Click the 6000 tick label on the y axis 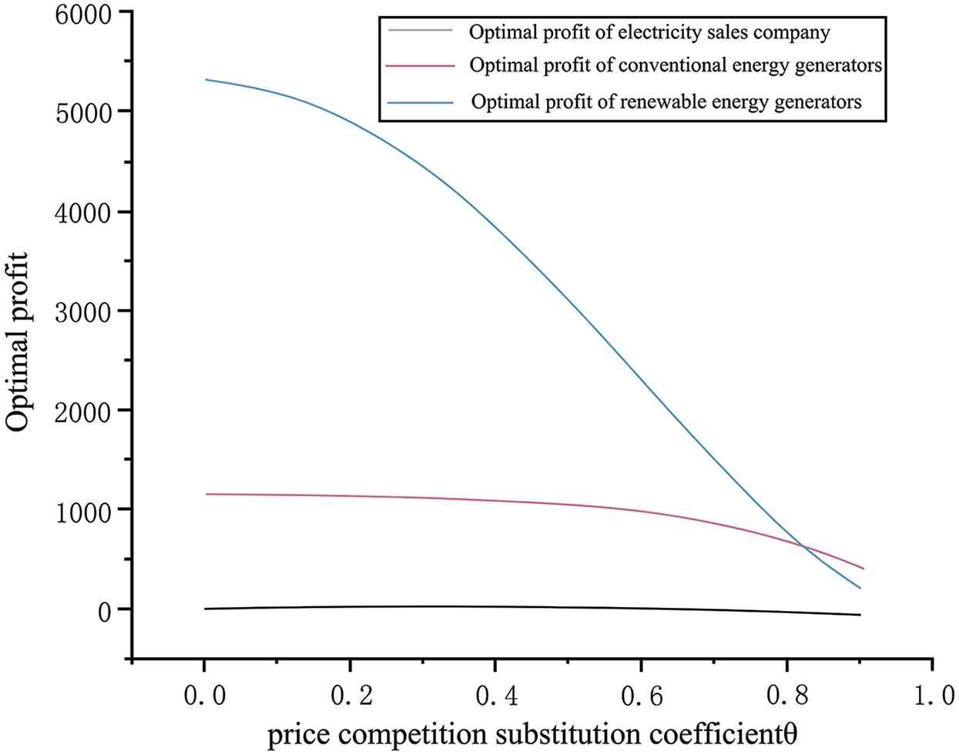coord(83,15)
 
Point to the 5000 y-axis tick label coord(83,112)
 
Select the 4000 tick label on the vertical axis coord(83,212)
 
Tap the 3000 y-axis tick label coord(83,311)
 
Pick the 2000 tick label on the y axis coord(83,411)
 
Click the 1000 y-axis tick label coord(83,510)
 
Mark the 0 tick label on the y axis coord(103,610)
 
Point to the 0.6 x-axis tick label coord(641,696)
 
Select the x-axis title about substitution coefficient coord(531,734)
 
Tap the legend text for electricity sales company coord(649,32)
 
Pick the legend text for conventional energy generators coord(676,65)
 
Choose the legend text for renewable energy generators coord(666,102)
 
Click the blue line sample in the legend coord(421,102)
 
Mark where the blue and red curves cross coord(803,547)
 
